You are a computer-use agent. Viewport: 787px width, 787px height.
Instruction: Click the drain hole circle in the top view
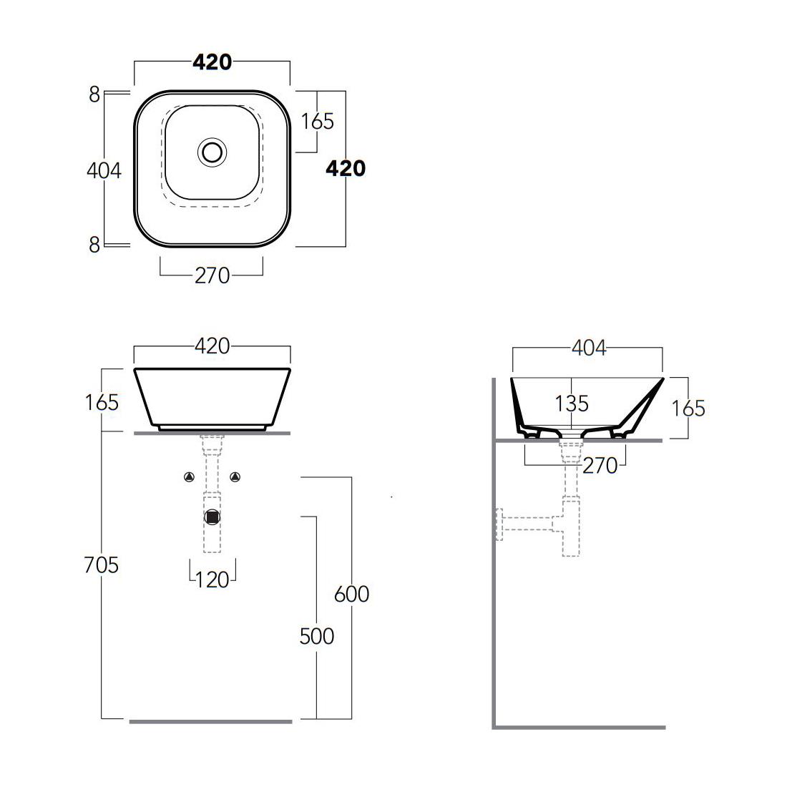tap(212, 151)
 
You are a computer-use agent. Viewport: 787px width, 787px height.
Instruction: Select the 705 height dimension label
tap(102, 565)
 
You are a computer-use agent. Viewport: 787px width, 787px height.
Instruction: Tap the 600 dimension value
tap(352, 594)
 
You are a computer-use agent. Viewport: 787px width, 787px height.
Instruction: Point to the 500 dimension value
tap(317, 636)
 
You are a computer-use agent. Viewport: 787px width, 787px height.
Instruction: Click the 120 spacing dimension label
tap(212, 580)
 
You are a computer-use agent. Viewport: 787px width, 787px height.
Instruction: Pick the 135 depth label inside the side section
tap(572, 403)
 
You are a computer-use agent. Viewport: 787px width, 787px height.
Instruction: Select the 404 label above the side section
tap(589, 347)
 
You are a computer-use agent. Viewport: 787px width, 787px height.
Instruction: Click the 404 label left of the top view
tap(104, 170)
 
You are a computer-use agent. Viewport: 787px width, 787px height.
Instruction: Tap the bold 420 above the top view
tap(212, 62)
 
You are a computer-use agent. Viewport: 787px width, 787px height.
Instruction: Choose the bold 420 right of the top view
tap(346, 168)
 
